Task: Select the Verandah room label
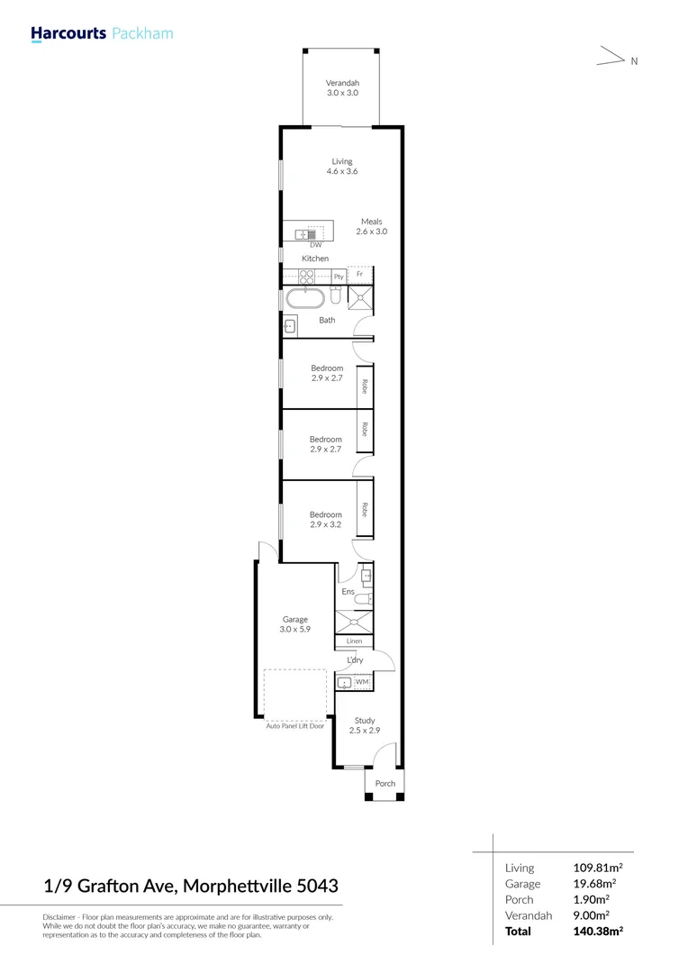342,87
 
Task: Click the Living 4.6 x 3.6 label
342,167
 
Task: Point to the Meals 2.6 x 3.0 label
372,226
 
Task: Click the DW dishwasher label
315,245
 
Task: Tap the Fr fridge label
359,274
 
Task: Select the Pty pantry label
339,277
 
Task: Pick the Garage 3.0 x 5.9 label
295,624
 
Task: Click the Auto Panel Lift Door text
294,725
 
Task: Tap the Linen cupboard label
354,641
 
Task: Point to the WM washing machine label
361,683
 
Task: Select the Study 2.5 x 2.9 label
364,725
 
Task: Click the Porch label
385,784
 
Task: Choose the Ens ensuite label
348,592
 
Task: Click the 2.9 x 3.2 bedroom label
326,520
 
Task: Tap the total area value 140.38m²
599,931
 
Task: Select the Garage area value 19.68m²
599,884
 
